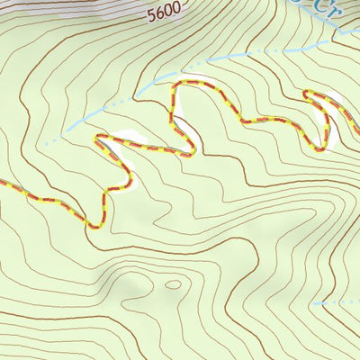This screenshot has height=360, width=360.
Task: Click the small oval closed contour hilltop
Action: pyautogui.click(x=173, y=285)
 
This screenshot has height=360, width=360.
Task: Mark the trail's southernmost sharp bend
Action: pyautogui.click(x=93, y=224)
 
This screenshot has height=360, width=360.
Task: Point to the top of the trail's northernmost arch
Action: pyautogui.click(x=189, y=84)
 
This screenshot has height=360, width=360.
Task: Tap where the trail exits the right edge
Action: pyautogui.click(x=357, y=131)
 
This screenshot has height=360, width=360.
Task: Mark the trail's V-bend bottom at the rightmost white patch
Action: pyautogui.click(x=315, y=146)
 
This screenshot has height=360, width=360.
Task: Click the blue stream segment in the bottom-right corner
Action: pyautogui.click(x=337, y=303)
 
